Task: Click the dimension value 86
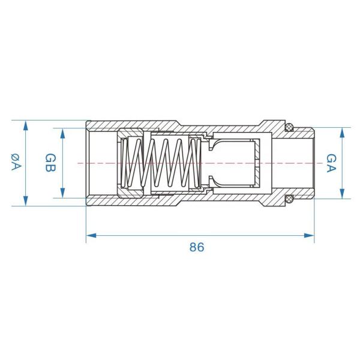pos(197,247)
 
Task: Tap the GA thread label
pos(331,163)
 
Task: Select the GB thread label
pos(50,163)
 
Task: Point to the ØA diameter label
pos(16,162)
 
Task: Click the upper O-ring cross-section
pos(289,127)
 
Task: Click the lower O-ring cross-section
pos(289,199)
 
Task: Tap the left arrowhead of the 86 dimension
pos(91,236)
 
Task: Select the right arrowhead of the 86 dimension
pos(309,236)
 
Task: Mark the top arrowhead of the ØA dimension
pos(25,125)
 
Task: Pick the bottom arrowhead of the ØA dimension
pos(25,201)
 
